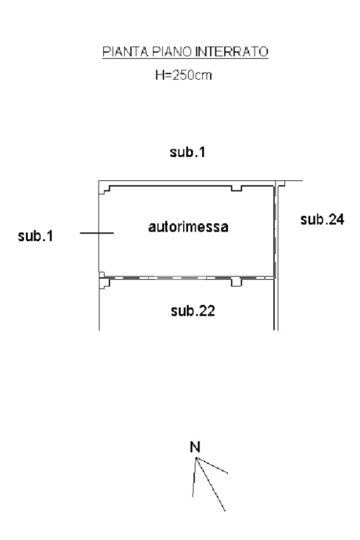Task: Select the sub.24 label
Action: [x=322, y=220]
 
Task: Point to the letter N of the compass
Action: [x=196, y=448]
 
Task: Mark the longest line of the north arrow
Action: [x=211, y=484]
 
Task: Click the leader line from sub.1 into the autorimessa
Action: [x=96, y=232]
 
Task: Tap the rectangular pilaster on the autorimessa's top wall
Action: [x=237, y=189]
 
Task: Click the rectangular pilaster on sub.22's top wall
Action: [x=236, y=283]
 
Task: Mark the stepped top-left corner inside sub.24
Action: [x=281, y=184]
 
